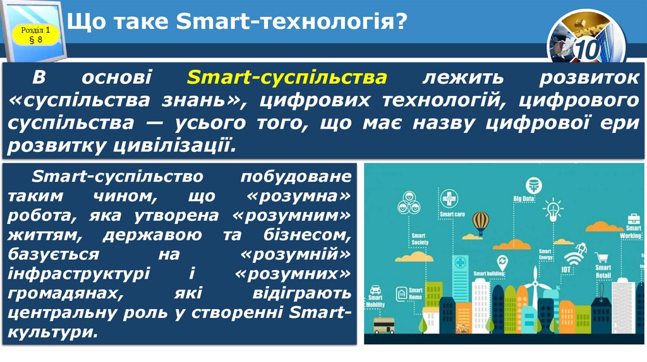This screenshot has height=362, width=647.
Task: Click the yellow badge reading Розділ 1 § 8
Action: click(x=31, y=35)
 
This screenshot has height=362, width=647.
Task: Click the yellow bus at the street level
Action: click(x=384, y=325)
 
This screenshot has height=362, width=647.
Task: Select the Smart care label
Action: click(x=452, y=214)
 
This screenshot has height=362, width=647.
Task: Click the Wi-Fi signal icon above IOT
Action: click(x=572, y=259)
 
